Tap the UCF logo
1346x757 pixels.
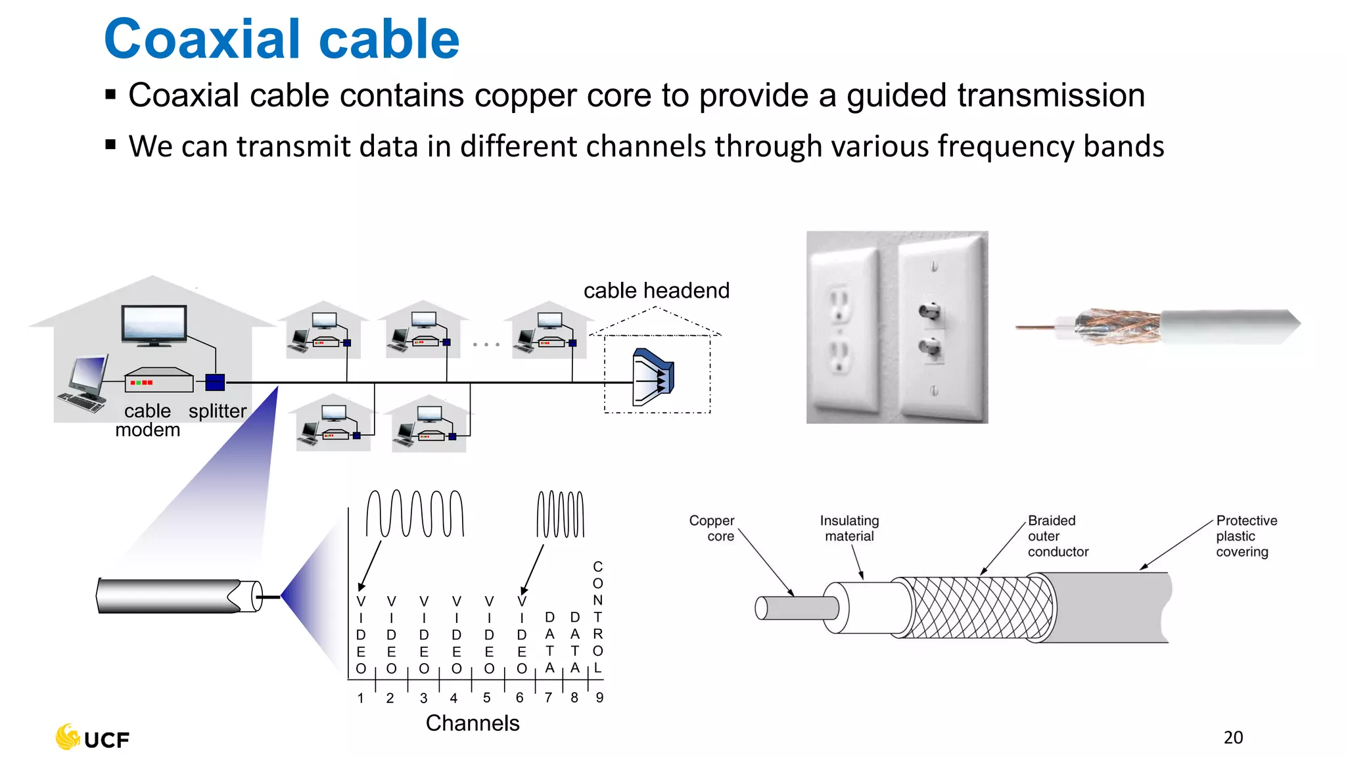click(x=93, y=739)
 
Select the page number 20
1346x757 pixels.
click(x=1233, y=737)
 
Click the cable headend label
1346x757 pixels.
click(x=656, y=290)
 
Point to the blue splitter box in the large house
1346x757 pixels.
click(x=215, y=382)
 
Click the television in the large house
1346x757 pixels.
click(x=154, y=324)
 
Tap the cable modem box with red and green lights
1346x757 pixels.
click(x=158, y=380)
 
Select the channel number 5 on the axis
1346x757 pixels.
click(x=486, y=697)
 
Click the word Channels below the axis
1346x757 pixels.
click(x=473, y=723)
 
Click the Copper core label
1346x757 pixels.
click(x=712, y=528)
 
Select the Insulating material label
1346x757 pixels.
click(x=849, y=528)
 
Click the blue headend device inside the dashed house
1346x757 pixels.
click(x=653, y=378)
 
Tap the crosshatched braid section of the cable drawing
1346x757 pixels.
click(x=979, y=607)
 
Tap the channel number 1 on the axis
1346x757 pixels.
click(x=361, y=698)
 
